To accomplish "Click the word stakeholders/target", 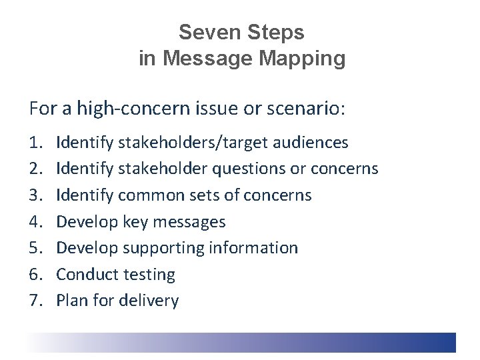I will point(183,143).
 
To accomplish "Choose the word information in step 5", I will point(253,248).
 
